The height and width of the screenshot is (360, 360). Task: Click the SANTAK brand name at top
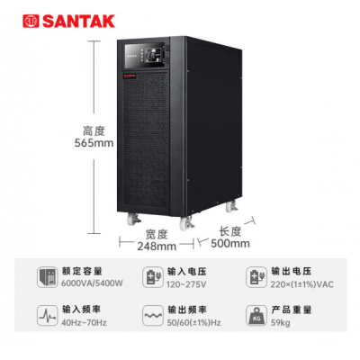79,22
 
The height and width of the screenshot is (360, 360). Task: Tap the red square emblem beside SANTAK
31,22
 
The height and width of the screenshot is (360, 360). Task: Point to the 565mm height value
94,143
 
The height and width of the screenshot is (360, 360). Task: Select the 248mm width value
157,247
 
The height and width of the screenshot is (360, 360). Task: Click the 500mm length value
230,243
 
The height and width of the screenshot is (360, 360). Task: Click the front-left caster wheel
132,219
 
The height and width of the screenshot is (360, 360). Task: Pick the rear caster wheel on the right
231,207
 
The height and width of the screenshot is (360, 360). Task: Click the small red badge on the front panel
130,76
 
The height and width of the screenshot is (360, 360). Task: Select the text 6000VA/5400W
92,283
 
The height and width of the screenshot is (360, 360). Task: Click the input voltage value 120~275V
186,284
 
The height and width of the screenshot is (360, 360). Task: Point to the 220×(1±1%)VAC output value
302,284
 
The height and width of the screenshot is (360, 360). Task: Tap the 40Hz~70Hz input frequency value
84,323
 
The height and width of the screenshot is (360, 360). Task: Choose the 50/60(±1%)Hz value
193,323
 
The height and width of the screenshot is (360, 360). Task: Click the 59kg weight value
281,323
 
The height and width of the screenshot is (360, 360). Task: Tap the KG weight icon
256,316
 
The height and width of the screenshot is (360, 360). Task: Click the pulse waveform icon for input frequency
48,316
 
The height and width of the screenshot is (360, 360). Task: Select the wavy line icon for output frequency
153,316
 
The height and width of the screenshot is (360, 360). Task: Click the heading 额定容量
82,271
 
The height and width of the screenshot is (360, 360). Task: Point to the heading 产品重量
292,310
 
